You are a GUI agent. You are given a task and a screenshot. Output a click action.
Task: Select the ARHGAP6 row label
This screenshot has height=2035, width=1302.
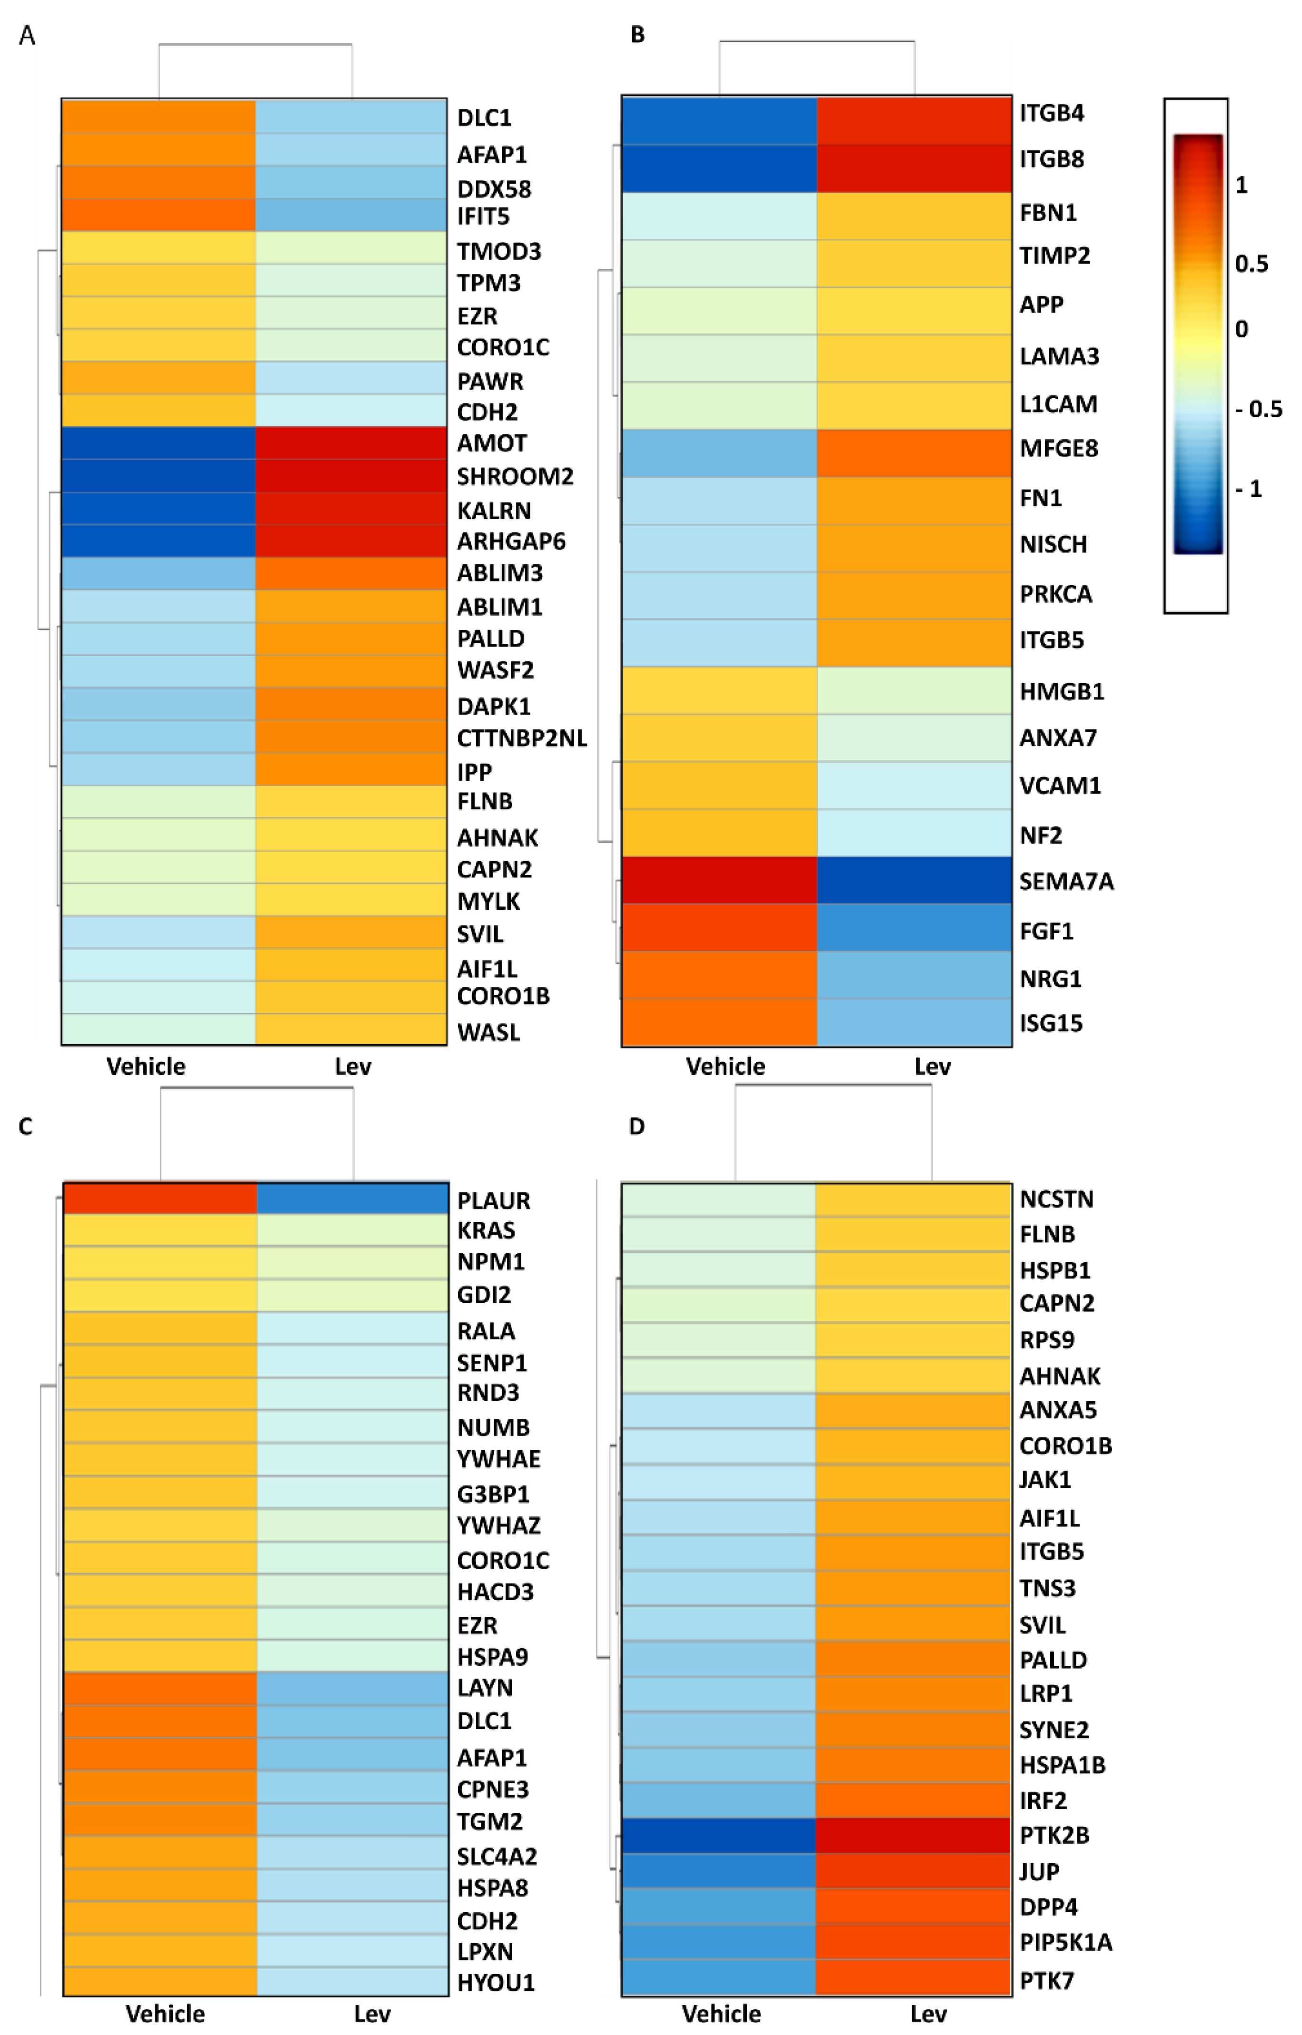pyautogui.click(x=511, y=541)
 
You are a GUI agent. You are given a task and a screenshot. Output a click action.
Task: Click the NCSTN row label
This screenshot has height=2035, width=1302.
pyautogui.click(x=1056, y=1199)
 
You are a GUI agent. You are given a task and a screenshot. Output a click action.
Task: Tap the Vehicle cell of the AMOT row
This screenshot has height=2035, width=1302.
pyautogui.click(x=159, y=443)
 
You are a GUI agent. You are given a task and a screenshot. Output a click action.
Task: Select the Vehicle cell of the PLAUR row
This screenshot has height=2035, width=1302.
pyautogui.click(x=160, y=1199)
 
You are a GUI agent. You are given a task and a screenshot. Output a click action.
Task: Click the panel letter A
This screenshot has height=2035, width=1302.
pyautogui.click(x=27, y=36)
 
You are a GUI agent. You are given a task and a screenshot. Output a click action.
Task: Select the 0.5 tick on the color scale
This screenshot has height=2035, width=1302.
pyautogui.click(x=1251, y=264)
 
